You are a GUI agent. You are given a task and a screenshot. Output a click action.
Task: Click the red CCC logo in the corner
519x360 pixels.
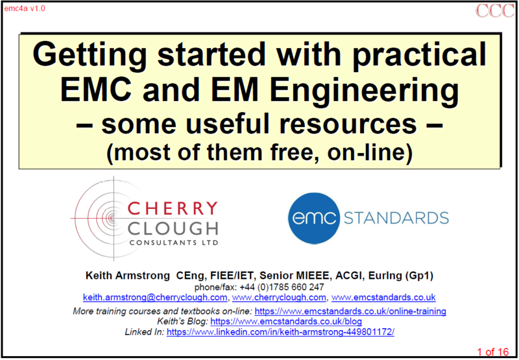(x=495, y=10)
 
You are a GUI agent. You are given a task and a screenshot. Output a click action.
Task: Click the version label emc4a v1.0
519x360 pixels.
(x=25, y=8)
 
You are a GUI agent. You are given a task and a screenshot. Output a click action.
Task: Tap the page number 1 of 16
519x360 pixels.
(x=492, y=352)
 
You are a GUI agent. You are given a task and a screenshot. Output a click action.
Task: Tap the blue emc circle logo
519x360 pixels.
(x=314, y=219)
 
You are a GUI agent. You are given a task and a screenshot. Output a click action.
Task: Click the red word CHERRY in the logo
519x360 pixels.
(x=172, y=209)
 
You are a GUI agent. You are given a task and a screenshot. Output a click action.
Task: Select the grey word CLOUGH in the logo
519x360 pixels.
(x=172, y=228)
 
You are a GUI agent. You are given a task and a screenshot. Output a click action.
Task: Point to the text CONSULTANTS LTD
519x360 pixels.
(x=174, y=243)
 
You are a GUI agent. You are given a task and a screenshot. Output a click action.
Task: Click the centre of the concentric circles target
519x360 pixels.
(x=113, y=218)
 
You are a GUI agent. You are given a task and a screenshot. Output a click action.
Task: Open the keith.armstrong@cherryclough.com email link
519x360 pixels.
(x=155, y=298)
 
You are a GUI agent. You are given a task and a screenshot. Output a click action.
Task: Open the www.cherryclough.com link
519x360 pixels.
(x=279, y=298)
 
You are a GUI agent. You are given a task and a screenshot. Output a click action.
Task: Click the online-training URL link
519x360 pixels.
(x=350, y=311)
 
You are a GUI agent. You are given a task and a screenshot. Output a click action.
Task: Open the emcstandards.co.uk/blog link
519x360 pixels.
(x=286, y=321)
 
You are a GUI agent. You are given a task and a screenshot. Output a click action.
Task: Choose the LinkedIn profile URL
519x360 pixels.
(x=280, y=332)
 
